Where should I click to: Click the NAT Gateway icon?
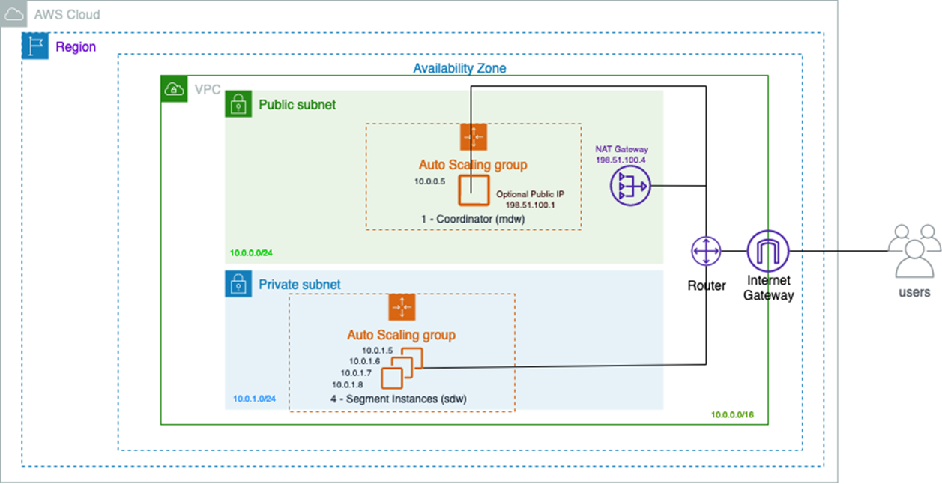630,184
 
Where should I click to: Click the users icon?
914,251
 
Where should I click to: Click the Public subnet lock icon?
238,105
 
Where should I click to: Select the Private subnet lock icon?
238,284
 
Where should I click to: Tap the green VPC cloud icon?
174,89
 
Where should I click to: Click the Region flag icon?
35,46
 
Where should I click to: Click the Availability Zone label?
459,68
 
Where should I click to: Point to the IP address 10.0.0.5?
430,181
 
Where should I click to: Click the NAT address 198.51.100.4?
621,160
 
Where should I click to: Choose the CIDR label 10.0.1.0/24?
254,398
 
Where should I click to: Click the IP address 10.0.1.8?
348,384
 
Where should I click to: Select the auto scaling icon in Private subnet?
402,307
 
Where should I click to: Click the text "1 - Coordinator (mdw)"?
474,218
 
